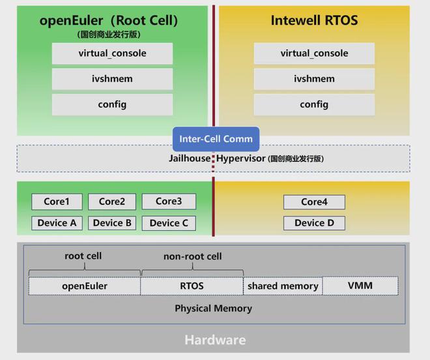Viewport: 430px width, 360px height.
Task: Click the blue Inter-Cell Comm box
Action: click(x=216, y=139)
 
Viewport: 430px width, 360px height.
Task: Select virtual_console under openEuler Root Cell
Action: click(x=112, y=53)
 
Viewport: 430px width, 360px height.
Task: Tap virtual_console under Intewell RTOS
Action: click(x=314, y=53)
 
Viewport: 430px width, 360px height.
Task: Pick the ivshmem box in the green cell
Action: click(x=112, y=79)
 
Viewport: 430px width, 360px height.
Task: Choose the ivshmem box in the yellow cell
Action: click(x=314, y=79)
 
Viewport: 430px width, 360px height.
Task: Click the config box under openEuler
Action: click(x=112, y=104)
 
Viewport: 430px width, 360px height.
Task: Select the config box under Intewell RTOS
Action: click(x=314, y=104)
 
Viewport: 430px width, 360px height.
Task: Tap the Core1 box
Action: click(x=57, y=202)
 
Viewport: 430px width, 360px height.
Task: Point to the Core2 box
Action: click(x=112, y=202)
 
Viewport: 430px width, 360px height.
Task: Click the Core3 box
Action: click(x=169, y=202)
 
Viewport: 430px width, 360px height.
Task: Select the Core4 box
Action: click(x=314, y=202)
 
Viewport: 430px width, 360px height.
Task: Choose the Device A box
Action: click(x=57, y=223)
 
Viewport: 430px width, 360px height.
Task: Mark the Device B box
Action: click(x=112, y=223)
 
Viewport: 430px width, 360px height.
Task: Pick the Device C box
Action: click(x=169, y=223)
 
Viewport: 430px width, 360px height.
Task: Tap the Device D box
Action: click(x=314, y=223)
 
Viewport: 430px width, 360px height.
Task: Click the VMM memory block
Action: click(x=360, y=286)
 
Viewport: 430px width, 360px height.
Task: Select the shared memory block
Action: click(x=283, y=286)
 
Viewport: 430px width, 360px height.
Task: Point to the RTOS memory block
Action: click(x=192, y=286)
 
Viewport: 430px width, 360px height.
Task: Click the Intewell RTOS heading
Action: click(x=314, y=21)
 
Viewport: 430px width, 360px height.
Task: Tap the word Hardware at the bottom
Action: click(x=215, y=340)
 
